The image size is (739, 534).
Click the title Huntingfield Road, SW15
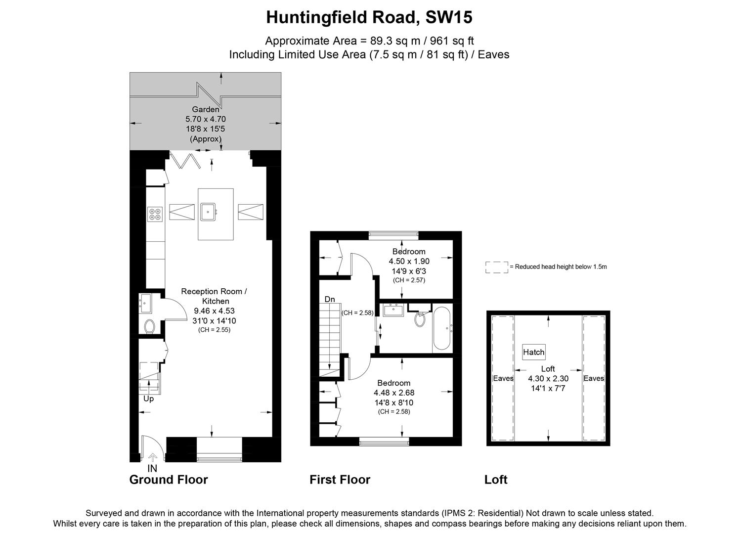pyautogui.click(x=369, y=17)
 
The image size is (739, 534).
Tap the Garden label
pyautogui.click(x=206, y=109)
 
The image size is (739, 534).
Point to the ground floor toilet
pyautogui.click(x=149, y=326)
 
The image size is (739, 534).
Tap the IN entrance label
pyautogui.click(x=152, y=468)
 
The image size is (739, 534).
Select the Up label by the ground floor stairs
pyautogui.click(x=148, y=399)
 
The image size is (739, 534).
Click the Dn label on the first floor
pyautogui.click(x=330, y=299)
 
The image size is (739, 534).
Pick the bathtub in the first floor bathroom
pyautogui.click(x=441, y=328)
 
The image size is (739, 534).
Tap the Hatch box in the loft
pyautogui.click(x=534, y=352)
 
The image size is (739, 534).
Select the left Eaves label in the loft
pyautogui.click(x=503, y=378)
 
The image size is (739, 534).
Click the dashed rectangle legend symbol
pyautogui.click(x=497, y=267)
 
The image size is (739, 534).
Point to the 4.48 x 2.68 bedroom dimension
pyautogui.click(x=393, y=393)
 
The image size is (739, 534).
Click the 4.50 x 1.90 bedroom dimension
pyautogui.click(x=409, y=261)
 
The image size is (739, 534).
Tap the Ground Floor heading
pyautogui.click(x=169, y=480)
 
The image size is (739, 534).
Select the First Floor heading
pyautogui.click(x=340, y=480)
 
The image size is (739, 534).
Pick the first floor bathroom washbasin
pyautogui.click(x=394, y=310)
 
